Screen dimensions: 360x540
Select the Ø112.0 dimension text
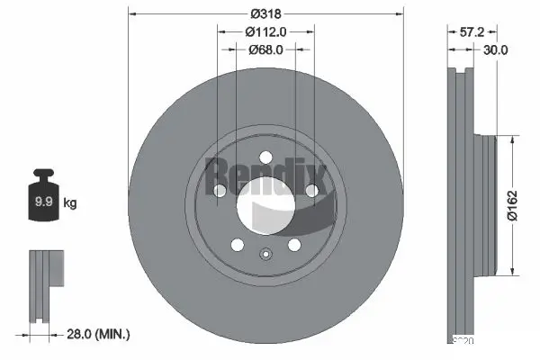pos(265,31)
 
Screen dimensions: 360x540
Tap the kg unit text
pos(70,203)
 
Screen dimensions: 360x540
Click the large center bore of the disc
pos(265,209)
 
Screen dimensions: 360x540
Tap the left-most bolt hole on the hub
pos(220,191)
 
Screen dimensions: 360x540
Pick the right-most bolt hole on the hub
pos(311,191)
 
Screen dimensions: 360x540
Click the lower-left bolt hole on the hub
pos(237,245)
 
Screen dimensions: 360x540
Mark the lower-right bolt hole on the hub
pos(294,245)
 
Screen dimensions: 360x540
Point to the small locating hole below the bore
pos(265,255)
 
